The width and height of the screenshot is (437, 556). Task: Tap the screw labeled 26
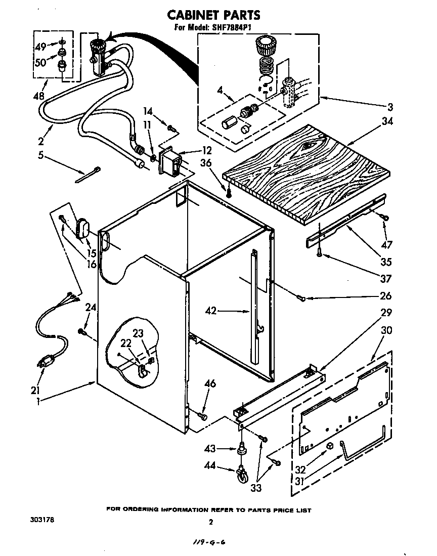point(302,298)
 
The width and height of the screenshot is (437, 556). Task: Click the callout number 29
point(387,313)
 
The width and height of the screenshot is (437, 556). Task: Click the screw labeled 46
point(203,415)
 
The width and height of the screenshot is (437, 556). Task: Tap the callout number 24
point(91,307)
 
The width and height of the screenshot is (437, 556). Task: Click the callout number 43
point(210,448)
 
